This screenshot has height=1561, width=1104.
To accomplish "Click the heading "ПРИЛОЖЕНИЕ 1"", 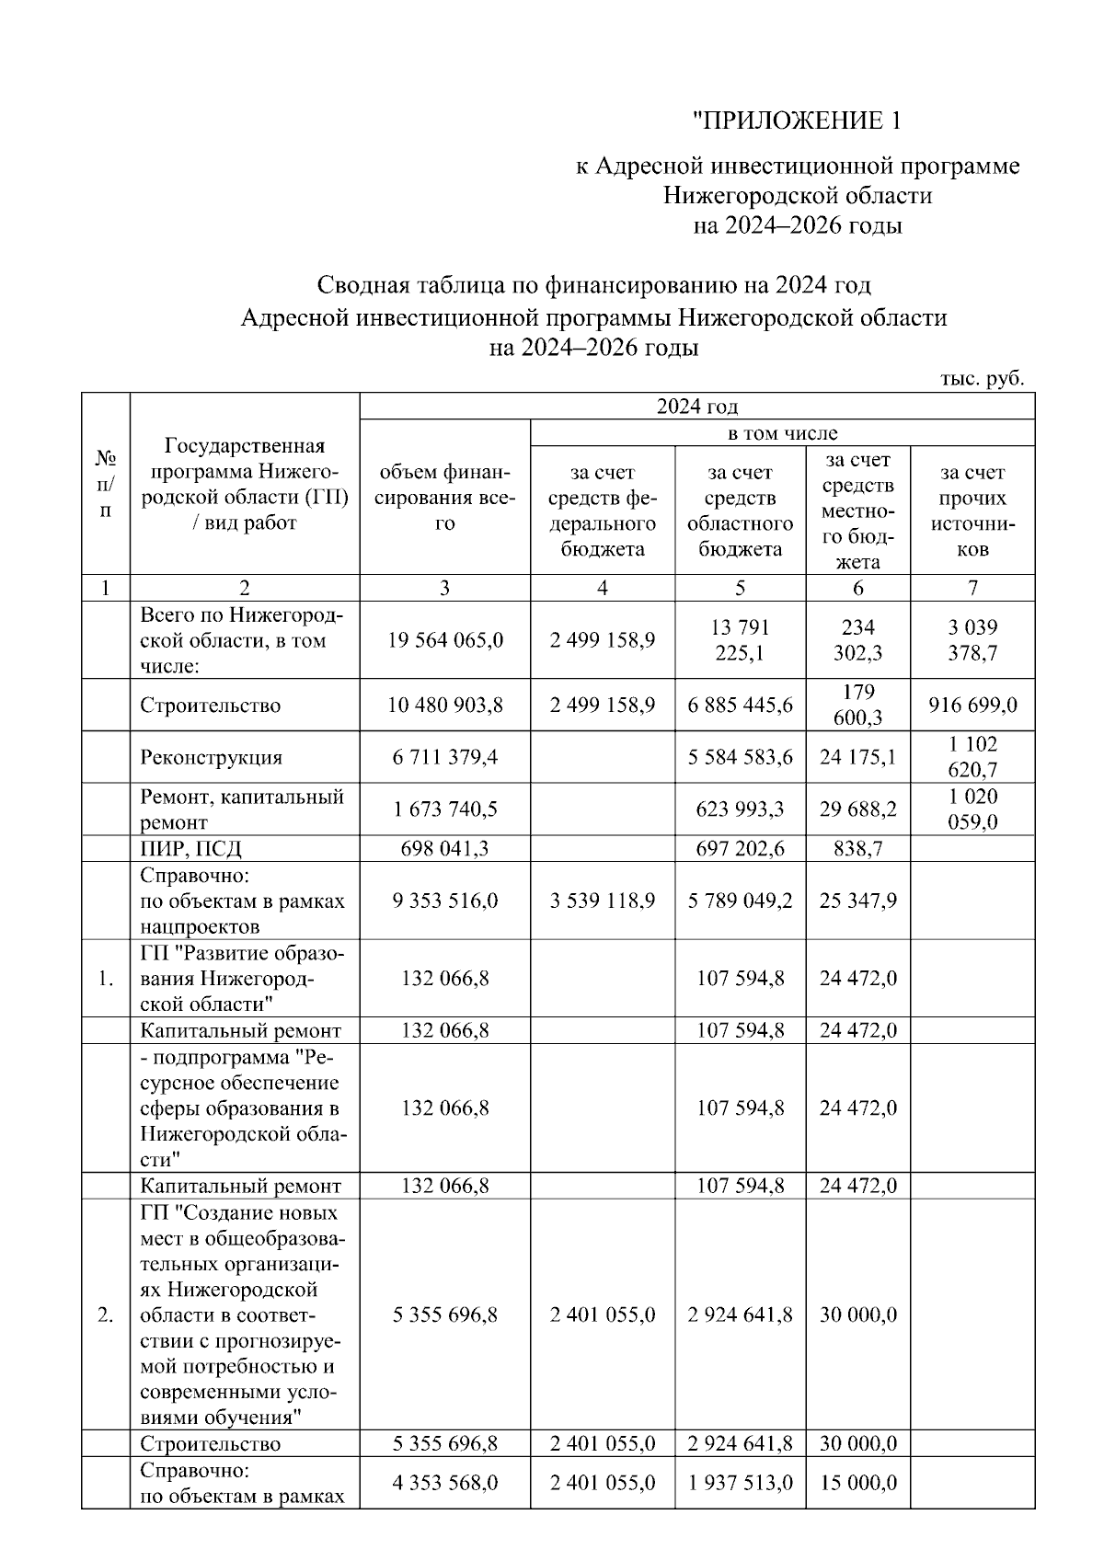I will pyautogui.click(x=797, y=121).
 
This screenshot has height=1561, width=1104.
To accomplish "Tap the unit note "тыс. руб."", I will pyautogui.click(x=982, y=379).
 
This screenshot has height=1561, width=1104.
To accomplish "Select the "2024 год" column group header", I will pyautogui.click(x=696, y=407).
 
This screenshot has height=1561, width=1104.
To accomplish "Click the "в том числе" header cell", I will pyautogui.click(x=782, y=433).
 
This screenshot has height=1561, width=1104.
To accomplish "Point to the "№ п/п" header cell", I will pyautogui.click(x=106, y=484).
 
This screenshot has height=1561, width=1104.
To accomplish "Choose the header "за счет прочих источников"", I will pyautogui.click(x=972, y=511).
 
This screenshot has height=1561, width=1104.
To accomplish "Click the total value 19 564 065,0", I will pyautogui.click(x=444, y=640).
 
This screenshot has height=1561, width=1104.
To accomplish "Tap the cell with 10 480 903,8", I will pyautogui.click(x=444, y=706).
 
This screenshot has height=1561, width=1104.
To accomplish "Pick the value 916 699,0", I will pyautogui.click(x=972, y=706).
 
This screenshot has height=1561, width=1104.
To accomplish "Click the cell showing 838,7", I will pyautogui.click(x=857, y=848).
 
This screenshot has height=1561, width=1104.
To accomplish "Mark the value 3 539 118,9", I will pyautogui.click(x=603, y=901).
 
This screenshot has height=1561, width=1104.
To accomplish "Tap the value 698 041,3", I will pyautogui.click(x=444, y=848).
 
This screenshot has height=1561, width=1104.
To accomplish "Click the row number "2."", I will pyautogui.click(x=106, y=1314).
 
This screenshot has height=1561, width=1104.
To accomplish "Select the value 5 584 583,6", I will pyautogui.click(x=740, y=758).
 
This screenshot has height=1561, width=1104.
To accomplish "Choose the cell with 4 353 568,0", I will pyautogui.click(x=444, y=1483).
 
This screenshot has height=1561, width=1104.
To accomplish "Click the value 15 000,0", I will pyautogui.click(x=857, y=1483).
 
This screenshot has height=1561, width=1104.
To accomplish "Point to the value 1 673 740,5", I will pyautogui.click(x=444, y=809).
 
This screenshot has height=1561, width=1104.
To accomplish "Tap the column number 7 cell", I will pyautogui.click(x=972, y=589).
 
